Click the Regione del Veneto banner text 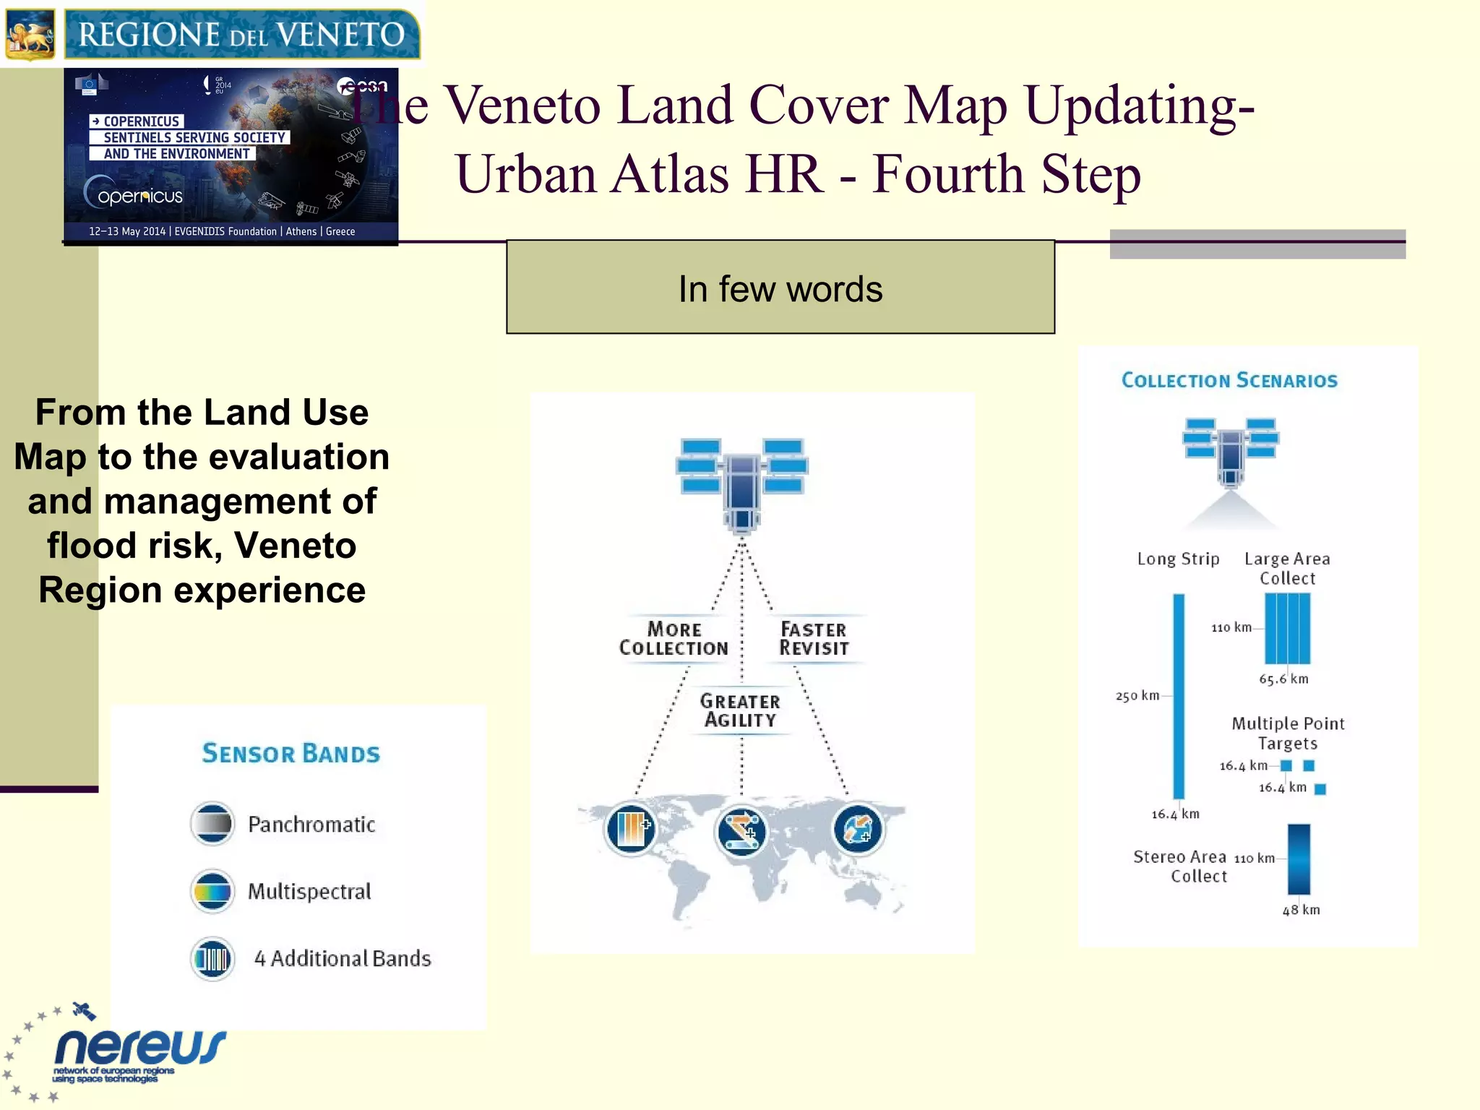(241, 34)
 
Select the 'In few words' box (780, 288)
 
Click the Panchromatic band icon (212, 823)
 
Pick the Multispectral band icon (212, 890)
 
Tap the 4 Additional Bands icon (212, 958)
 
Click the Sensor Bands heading (291, 753)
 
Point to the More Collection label (674, 639)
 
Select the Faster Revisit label (814, 639)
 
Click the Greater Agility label (740, 710)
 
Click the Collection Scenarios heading (1229, 380)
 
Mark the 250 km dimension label (1137, 696)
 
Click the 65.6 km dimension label (1283, 679)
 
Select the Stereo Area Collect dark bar (1298, 859)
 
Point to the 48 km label (1301, 910)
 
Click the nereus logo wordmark (140, 1046)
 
